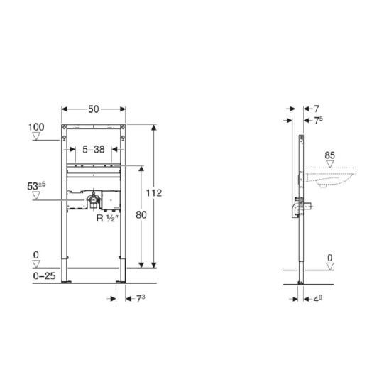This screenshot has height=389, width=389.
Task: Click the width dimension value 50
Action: [94, 109]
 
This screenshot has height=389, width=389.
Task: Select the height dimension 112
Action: [154, 193]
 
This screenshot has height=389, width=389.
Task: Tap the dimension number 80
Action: [141, 215]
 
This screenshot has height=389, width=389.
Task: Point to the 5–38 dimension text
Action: [94, 149]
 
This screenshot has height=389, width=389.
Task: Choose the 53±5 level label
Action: [36, 185]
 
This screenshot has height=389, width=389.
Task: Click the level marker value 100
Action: [36, 127]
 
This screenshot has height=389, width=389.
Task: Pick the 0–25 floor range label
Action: [44, 275]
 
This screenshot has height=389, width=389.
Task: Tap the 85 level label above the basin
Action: [329, 155]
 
